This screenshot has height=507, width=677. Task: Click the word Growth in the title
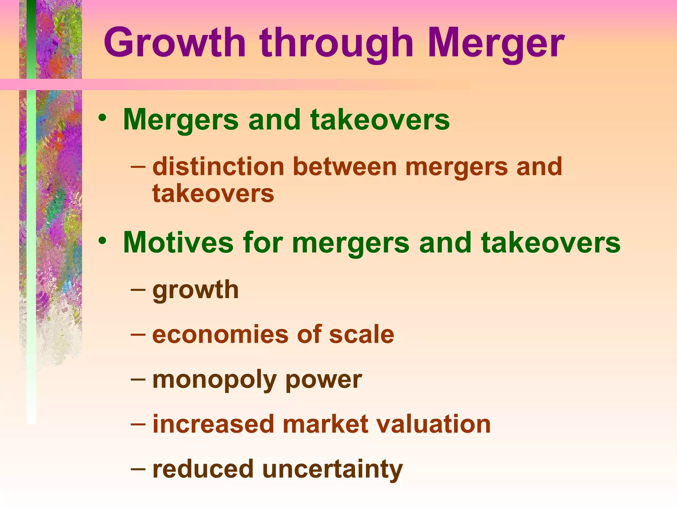175,44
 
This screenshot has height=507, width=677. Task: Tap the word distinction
218,166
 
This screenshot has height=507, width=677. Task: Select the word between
345,166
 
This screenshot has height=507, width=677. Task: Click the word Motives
179,243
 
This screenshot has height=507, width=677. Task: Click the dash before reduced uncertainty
138,468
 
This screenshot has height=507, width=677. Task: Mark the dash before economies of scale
138,334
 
